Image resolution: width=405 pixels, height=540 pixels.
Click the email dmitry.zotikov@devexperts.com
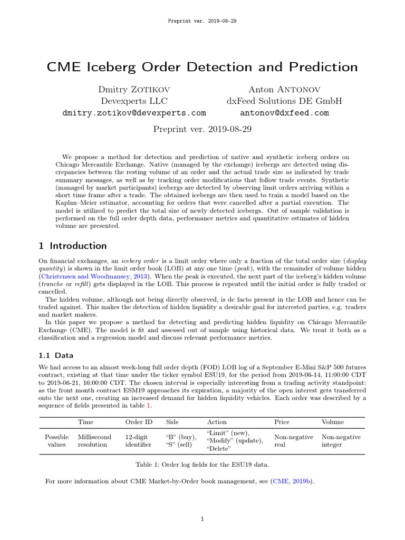(x=134, y=113)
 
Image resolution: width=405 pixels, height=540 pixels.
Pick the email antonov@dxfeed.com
(x=284, y=113)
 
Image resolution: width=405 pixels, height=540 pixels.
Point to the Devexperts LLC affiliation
(x=134, y=101)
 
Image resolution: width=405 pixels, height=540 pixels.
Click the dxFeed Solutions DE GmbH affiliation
(x=284, y=101)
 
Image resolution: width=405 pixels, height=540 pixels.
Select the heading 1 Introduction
(x=73, y=246)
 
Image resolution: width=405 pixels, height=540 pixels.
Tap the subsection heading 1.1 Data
(x=56, y=355)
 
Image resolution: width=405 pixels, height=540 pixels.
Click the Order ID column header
(x=138, y=422)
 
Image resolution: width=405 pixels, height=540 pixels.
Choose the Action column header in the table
(x=217, y=422)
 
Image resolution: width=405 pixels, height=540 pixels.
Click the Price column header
(x=282, y=422)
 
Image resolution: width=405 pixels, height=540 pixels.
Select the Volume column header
(x=333, y=422)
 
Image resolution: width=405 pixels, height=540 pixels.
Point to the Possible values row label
(x=57, y=441)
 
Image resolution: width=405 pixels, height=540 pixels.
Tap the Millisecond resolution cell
(x=92, y=441)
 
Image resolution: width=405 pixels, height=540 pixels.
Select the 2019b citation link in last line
(x=302, y=481)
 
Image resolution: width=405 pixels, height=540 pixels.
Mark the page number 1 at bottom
(x=202, y=519)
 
